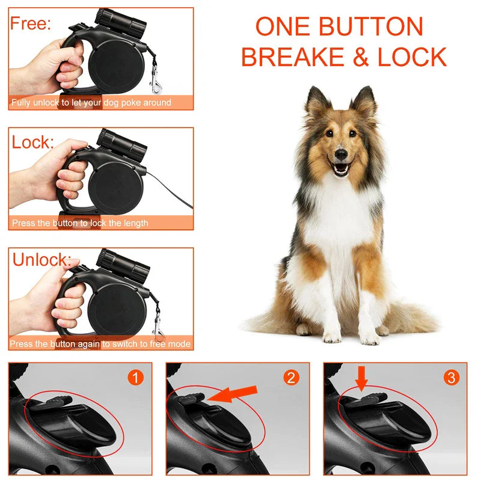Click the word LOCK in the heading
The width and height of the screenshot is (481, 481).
pyautogui.click(x=412, y=57)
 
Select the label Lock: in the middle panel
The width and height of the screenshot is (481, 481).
pyautogui.click(x=33, y=142)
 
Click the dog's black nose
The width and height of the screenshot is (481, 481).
pyautogui.click(x=341, y=155)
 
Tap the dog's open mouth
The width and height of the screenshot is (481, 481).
pyautogui.click(x=341, y=168)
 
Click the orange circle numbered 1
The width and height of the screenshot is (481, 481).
pyautogui.click(x=136, y=378)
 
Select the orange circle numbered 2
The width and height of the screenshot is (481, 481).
pyautogui.click(x=292, y=378)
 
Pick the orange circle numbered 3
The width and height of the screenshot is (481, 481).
pyautogui.click(x=451, y=378)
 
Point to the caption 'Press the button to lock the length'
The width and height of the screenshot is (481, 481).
pyautogui.click(x=80, y=223)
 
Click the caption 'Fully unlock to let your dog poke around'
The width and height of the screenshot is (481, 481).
pyautogui.click(x=91, y=103)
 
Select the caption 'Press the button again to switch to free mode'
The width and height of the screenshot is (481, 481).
pyautogui.click(x=100, y=344)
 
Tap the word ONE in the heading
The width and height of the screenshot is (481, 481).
pyautogui.click(x=283, y=27)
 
